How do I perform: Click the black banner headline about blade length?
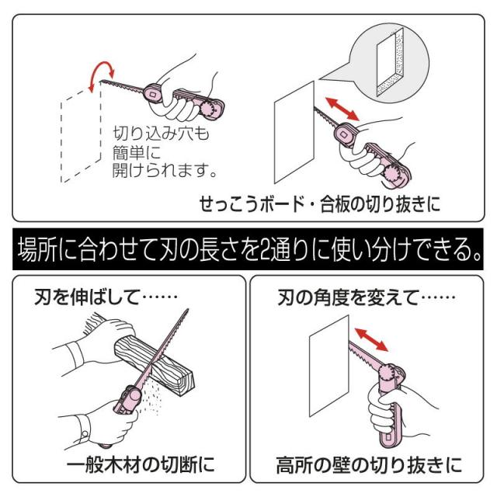coord(248,249)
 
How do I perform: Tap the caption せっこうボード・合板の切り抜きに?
coord(319,205)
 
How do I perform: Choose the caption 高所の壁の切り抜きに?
coord(370,465)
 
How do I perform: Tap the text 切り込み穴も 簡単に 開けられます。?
coord(158,151)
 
